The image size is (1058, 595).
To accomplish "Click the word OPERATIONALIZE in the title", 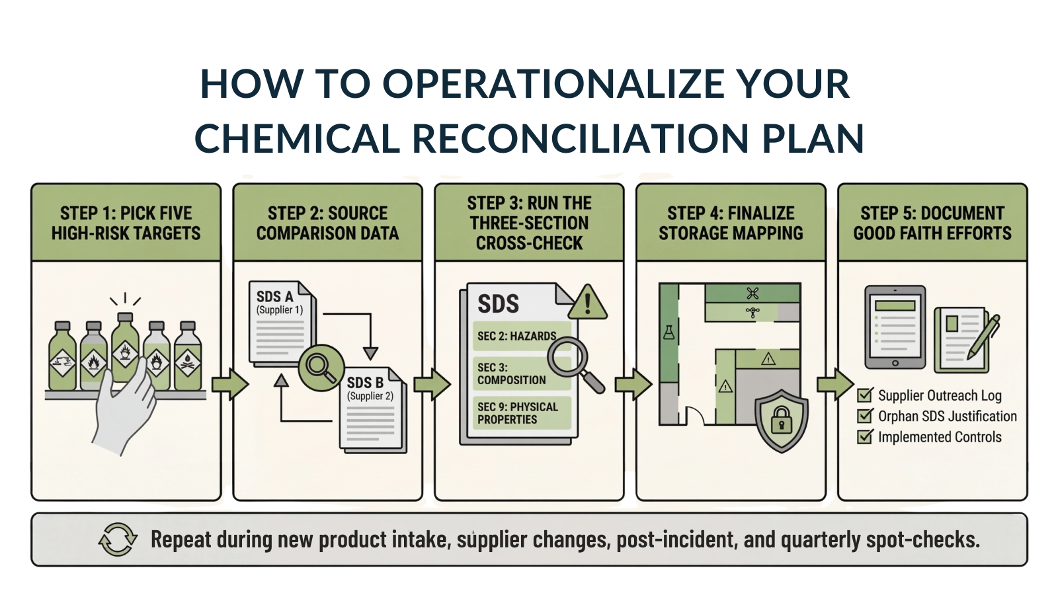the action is (553, 84).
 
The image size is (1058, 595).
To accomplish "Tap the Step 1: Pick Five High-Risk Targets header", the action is (126, 223).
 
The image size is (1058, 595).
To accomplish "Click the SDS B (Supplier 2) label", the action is (370, 388).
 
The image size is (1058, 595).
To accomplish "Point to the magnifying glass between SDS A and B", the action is (321, 368).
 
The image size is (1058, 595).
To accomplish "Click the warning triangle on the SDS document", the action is (587, 303).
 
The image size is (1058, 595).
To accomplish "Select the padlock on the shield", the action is (781, 419).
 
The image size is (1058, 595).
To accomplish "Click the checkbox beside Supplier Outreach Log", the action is (865, 394).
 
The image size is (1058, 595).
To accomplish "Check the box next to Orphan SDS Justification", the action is (865, 415).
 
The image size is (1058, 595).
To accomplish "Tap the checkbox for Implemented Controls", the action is (865, 436).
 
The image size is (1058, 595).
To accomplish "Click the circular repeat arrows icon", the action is (118, 539).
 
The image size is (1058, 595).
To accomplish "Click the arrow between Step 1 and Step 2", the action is (229, 384).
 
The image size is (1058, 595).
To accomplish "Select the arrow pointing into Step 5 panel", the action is (835, 384).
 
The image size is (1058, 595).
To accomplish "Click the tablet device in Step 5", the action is (895, 327).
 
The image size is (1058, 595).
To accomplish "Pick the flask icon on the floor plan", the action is (669, 333).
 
